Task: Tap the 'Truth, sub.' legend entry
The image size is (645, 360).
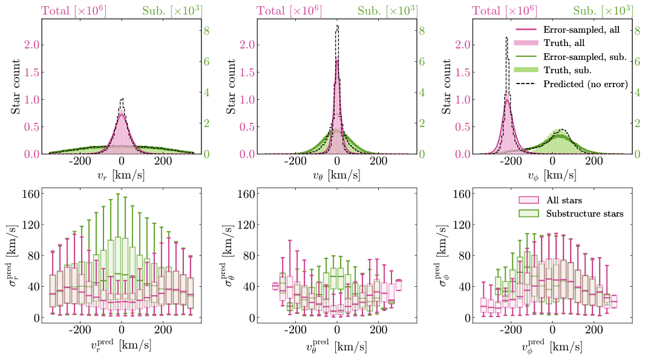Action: [x=568, y=70]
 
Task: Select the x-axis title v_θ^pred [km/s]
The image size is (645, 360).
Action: [x=337, y=346]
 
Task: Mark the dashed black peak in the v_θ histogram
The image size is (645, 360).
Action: [x=337, y=26]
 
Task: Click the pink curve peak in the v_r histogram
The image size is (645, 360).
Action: [x=122, y=113]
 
